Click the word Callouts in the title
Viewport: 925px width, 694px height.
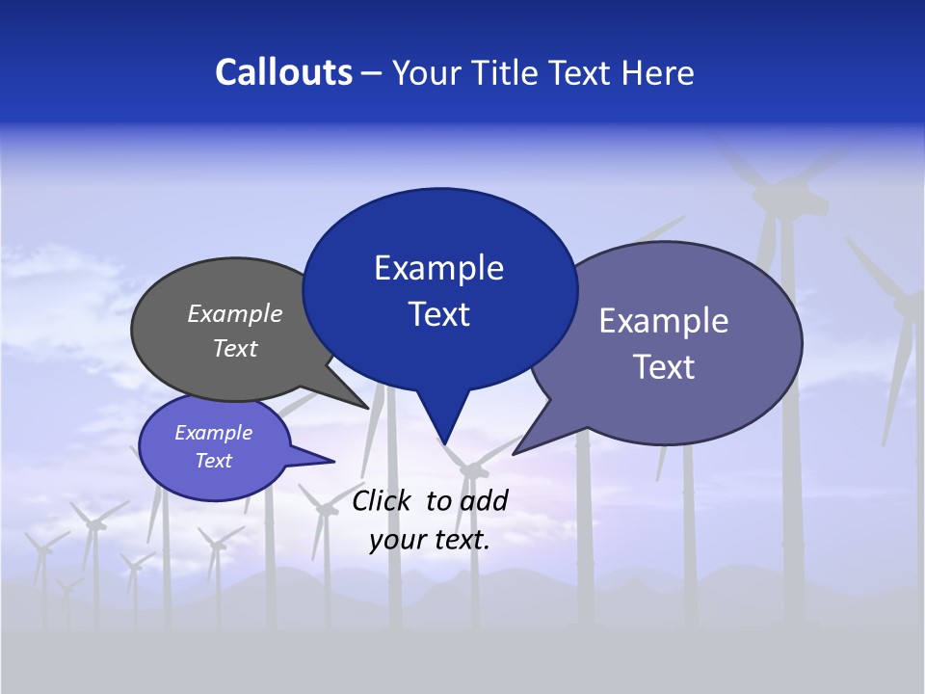point(283,72)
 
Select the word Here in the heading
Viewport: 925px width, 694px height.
point(657,72)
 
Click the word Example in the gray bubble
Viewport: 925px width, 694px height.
point(235,313)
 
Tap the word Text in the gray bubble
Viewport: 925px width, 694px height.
point(235,348)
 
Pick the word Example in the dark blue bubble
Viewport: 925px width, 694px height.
point(438,268)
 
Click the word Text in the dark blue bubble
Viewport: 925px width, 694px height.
point(439,314)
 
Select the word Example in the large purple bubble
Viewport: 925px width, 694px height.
point(664,321)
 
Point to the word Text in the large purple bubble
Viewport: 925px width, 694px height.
point(664,367)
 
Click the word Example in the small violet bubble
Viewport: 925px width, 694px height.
point(214,433)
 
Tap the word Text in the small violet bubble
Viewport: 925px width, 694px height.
point(214,461)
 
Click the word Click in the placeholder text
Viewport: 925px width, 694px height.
point(383,500)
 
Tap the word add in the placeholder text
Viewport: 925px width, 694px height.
point(484,500)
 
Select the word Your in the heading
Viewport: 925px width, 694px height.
point(426,72)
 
